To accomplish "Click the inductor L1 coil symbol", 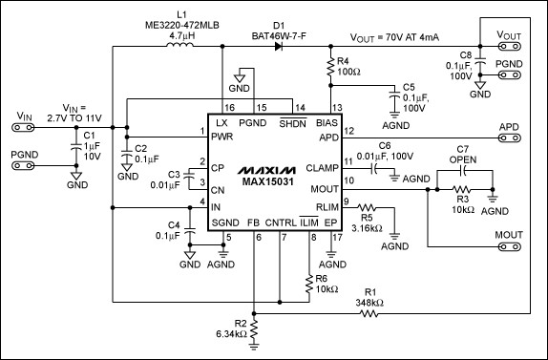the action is (179, 44).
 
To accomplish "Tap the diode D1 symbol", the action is (279, 46).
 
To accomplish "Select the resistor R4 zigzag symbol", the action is (330, 68).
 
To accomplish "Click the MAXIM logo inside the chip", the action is (266, 170).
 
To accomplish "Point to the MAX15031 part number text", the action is (267, 181).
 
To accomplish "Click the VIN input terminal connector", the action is (23, 128).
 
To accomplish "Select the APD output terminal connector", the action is (510, 138).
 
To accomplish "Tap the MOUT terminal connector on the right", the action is (510, 247).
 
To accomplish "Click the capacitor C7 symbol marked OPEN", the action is (464, 170).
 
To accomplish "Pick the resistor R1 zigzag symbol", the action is (369, 314).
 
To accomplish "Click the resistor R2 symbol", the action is (254, 330).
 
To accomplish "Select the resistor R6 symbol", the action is (309, 285).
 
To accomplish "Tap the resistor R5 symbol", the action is (367, 208).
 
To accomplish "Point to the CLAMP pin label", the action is (323, 168).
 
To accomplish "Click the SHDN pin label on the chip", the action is (292, 122).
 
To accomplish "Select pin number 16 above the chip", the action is (230, 108).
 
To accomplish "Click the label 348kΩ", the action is (369, 303).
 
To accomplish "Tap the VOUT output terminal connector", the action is (510, 46).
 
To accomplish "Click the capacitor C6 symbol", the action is (373, 169).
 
